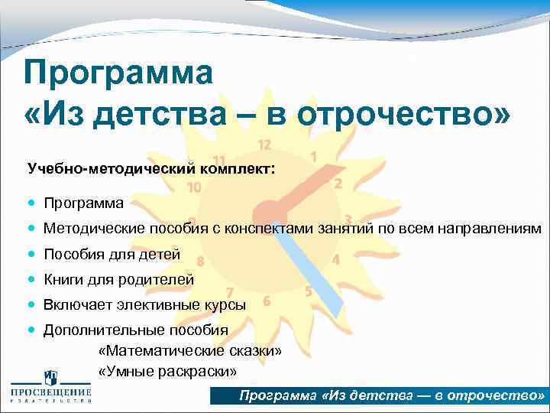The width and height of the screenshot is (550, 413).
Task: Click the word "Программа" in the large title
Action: [x=118, y=74]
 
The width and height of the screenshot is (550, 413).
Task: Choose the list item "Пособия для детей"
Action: [x=112, y=254]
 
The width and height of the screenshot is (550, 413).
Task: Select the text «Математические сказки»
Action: [x=190, y=350]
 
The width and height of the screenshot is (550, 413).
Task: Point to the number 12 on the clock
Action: [x=264, y=145]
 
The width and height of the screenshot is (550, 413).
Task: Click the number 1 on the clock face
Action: [x=314, y=156]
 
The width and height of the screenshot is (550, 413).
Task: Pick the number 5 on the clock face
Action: [x=309, y=291]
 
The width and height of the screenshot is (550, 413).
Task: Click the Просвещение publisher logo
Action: [x=50, y=389]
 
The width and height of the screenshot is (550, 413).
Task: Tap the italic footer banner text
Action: [x=391, y=396]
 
